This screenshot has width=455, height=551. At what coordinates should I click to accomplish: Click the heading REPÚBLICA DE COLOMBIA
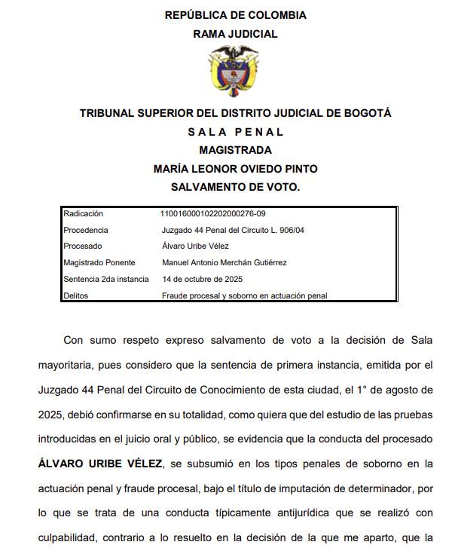[x=235, y=15]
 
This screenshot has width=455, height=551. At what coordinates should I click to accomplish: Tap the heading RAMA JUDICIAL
[x=235, y=34]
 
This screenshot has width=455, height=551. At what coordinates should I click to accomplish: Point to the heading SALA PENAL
[x=235, y=132]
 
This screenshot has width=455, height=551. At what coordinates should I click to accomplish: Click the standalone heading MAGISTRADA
[x=235, y=150]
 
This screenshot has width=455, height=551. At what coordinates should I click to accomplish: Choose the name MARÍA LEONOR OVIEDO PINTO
[x=235, y=168]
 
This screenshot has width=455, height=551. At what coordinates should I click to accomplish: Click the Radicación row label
[x=83, y=214]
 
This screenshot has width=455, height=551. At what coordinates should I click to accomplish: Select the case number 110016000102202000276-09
[x=213, y=214]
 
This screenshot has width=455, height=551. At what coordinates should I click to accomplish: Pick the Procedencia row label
[x=86, y=230]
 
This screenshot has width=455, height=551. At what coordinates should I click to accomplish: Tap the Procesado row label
[x=83, y=246]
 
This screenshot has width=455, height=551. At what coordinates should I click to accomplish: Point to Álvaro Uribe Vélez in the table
[x=195, y=246]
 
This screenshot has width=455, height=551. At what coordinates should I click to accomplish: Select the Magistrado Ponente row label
[x=99, y=262]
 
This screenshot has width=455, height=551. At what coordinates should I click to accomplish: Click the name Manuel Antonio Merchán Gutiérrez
[x=224, y=262]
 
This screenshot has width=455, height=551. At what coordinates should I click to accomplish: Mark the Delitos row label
[x=76, y=295]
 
